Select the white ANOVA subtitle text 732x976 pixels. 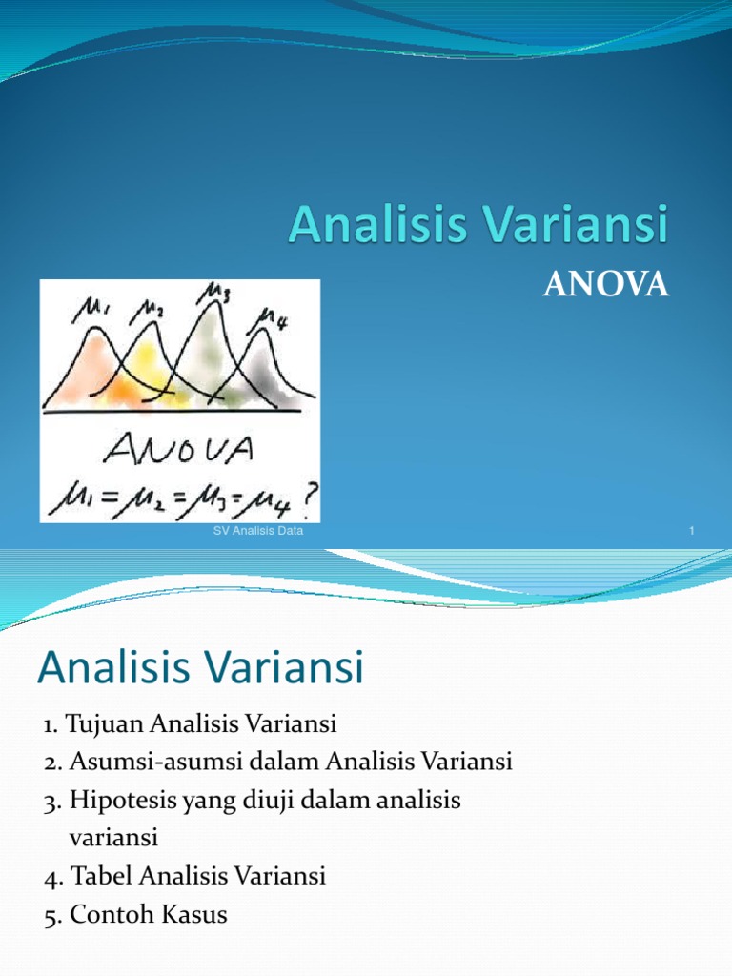pos(605,285)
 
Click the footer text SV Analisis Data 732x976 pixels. pos(257,531)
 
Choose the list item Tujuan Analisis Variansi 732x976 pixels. pos(191,724)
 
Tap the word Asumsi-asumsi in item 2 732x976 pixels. pos(133,762)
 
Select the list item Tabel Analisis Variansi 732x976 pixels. pos(186,876)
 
